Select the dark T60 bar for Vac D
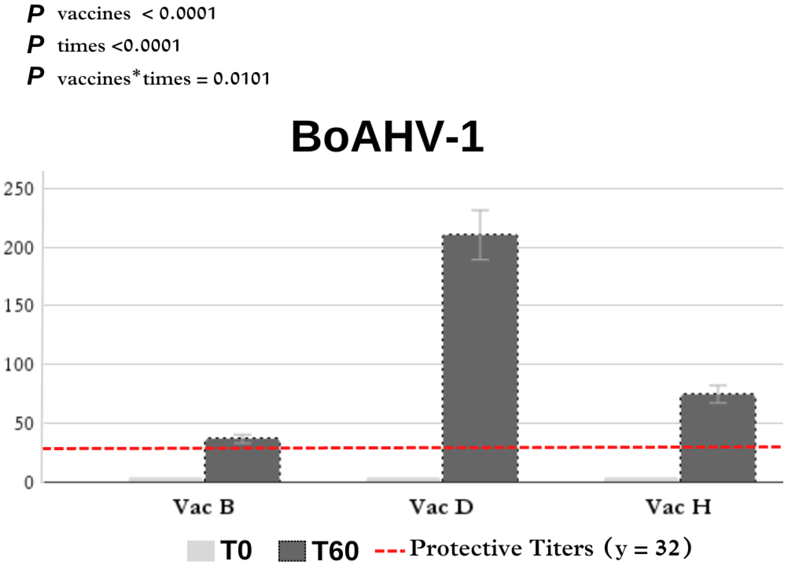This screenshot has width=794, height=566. (480, 359)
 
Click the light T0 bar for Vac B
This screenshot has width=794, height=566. (166, 480)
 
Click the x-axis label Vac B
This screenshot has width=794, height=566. (204, 507)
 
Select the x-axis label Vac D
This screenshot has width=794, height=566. (441, 507)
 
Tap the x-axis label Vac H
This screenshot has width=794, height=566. (678, 507)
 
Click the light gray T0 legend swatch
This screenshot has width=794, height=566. (201, 551)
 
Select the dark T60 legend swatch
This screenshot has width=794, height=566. (292, 551)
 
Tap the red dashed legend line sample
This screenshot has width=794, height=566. (390, 551)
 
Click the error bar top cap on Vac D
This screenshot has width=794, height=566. (480, 210)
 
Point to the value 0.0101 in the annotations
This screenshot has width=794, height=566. (242, 78)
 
